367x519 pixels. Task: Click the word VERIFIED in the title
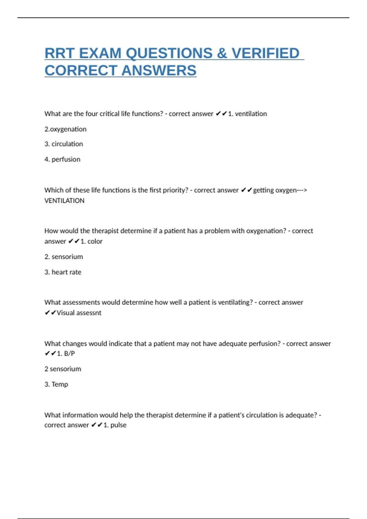click(265, 53)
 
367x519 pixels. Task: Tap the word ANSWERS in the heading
click(159, 71)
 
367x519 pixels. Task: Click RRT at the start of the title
click(60, 53)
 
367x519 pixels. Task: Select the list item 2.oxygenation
click(65, 129)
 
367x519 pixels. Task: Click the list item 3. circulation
click(64, 144)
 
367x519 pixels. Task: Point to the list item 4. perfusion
click(62, 159)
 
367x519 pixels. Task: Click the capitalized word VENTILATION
click(64, 201)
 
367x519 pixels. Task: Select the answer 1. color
click(91, 241)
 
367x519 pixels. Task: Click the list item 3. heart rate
click(63, 272)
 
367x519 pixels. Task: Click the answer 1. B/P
click(66, 354)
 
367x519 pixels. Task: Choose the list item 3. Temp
click(56, 384)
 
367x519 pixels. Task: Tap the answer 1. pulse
click(115, 425)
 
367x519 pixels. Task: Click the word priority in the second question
click(175, 190)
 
